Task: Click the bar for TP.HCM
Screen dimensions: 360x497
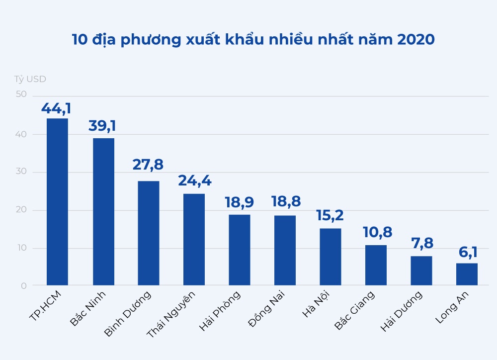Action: [x=57, y=201]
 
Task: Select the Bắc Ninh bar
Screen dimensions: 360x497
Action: [x=103, y=211]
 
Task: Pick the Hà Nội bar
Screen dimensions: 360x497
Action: [x=330, y=257]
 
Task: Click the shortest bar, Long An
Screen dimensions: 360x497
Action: [x=467, y=274]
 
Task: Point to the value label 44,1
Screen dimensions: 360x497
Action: [x=56, y=108]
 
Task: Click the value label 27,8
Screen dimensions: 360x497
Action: [x=148, y=165]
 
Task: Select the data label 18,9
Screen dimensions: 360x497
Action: [x=239, y=202]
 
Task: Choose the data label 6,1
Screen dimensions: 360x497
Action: [x=467, y=252]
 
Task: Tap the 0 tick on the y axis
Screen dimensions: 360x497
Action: [x=23, y=285]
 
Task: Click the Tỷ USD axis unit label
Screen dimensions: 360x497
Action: [x=30, y=79]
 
